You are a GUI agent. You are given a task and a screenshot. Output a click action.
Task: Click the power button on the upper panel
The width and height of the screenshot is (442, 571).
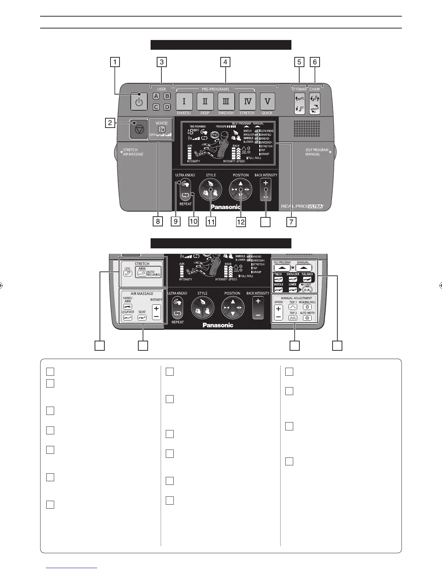[139, 102]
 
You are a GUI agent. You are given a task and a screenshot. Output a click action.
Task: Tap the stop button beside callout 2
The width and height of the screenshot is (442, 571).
[139, 129]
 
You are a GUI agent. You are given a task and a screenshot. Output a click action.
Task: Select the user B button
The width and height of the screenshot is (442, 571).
[167, 96]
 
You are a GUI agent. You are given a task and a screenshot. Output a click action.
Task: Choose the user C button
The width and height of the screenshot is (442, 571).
[156, 107]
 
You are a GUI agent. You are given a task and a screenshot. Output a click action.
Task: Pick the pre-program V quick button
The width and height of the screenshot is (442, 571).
[267, 102]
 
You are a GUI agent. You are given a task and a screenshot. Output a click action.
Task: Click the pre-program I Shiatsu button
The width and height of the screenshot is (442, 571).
[184, 102]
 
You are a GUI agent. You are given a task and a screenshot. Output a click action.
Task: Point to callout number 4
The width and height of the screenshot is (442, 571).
[225, 62]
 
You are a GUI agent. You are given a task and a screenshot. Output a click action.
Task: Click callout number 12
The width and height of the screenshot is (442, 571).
[240, 222]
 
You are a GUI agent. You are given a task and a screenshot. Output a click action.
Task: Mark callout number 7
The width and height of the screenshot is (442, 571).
[291, 222]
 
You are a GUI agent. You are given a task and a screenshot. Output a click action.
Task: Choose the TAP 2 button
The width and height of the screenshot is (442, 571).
[292, 318]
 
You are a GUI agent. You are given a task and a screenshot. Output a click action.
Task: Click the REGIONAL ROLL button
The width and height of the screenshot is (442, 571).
[307, 307]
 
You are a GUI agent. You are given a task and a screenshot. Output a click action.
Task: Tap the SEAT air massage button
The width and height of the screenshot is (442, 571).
[142, 318]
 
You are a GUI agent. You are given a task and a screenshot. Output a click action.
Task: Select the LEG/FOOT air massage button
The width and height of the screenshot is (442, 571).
[127, 318]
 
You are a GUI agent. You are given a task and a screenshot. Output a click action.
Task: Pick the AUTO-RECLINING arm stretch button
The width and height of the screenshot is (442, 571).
[148, 273]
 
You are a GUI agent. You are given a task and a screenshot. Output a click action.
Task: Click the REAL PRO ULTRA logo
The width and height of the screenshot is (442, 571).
[303, 207]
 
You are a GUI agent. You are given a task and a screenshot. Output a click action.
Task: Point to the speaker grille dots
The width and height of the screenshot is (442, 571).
[307, 129]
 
